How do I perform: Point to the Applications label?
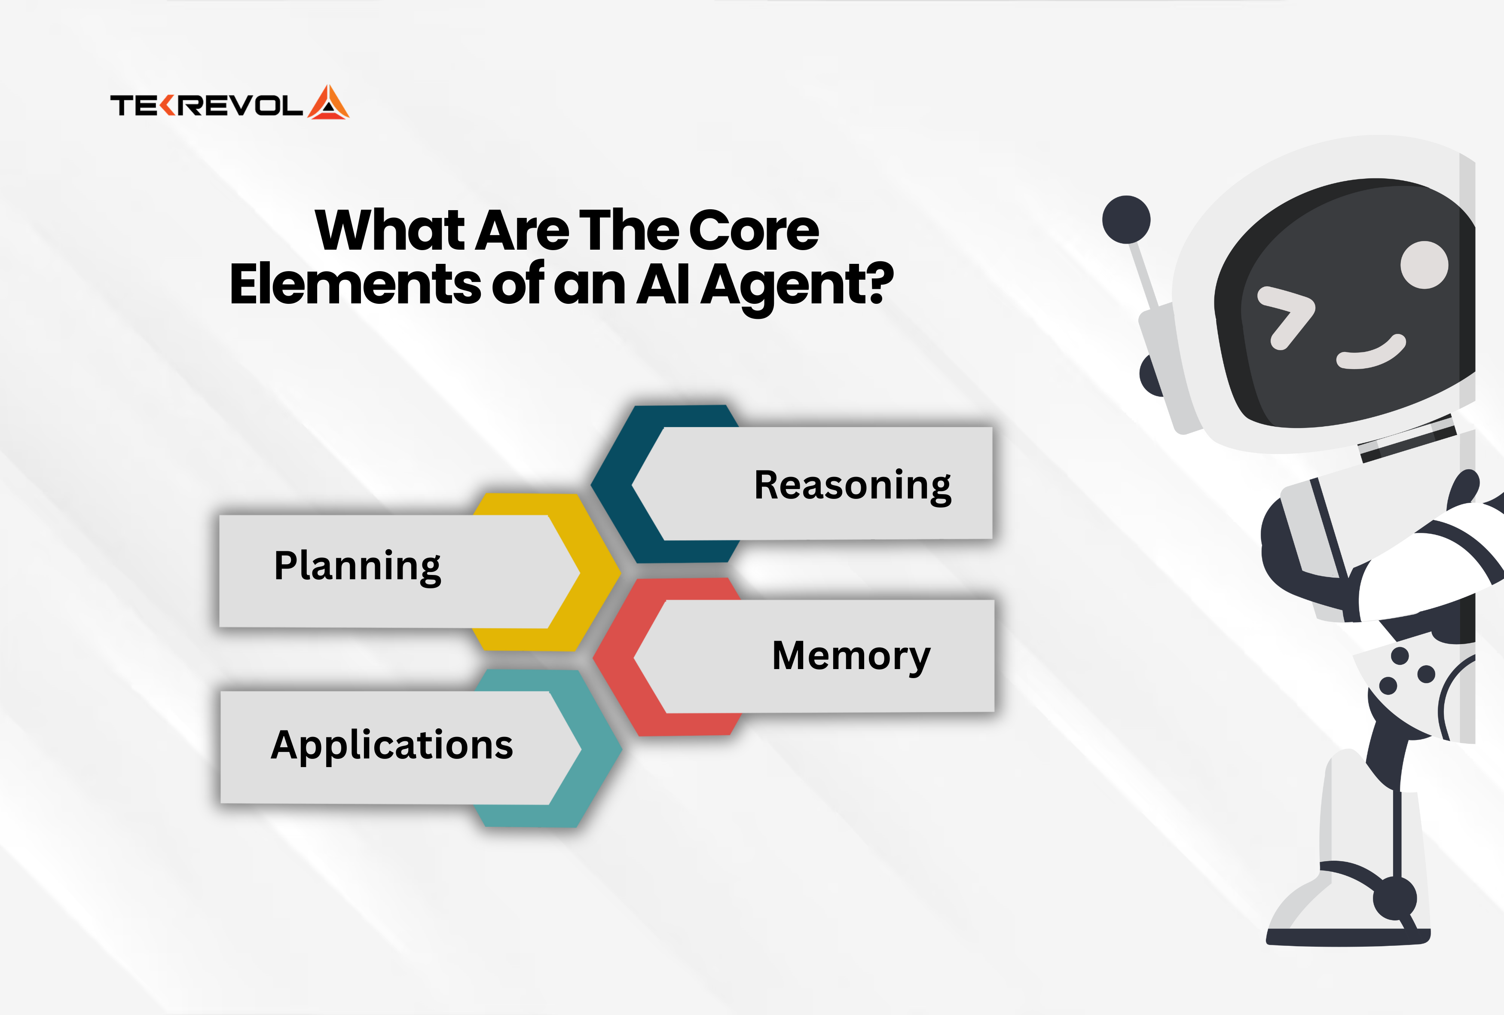[391, 745]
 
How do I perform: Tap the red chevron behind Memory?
[614, 657]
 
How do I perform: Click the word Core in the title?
[754, 230]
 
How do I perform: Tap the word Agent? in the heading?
[797, 287]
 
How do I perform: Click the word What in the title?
[390, 230]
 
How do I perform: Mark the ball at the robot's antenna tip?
[1126, 220]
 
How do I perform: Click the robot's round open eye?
[1425, 265]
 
